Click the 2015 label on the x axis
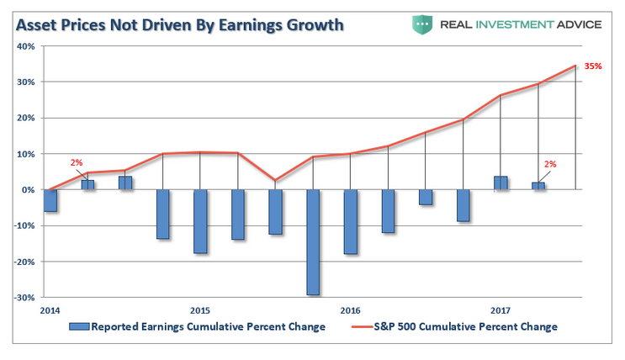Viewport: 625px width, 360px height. tap(199, 310)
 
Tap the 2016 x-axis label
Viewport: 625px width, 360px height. tap(350, 310)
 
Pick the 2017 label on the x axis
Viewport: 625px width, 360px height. tap(501, 310)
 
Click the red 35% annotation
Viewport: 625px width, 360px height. tap(593, 66)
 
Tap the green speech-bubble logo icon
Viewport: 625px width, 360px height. tap(422, 24)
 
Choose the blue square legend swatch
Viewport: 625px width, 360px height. tap(80, 326)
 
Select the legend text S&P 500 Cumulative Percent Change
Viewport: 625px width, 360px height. tap(465, 326)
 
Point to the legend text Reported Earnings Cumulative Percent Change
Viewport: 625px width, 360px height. tap(207, 326)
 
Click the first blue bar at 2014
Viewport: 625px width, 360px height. tap(50, 200)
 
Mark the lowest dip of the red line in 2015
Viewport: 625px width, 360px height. tap(275, 180)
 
